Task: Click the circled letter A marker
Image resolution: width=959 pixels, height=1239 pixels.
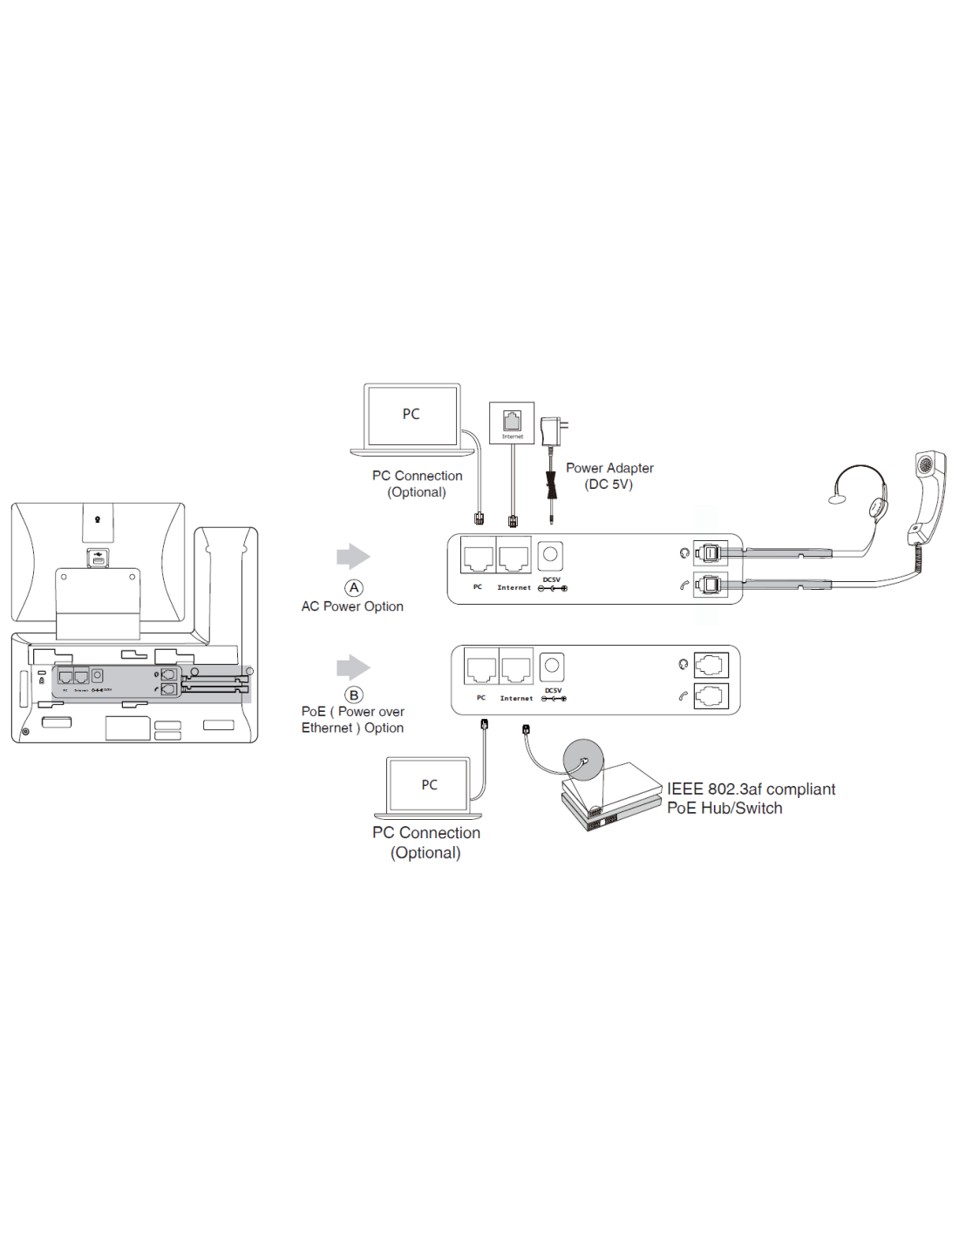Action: click(x=353, y=588)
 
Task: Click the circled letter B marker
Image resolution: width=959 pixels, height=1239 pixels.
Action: click(x=353, y=695)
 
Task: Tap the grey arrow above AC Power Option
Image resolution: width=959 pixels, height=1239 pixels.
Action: click(x=353, y=557)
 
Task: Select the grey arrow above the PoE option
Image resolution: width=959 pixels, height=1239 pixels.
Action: click(x=353, y=667)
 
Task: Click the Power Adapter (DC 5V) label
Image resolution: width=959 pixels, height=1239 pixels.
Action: click(x=609, y=476)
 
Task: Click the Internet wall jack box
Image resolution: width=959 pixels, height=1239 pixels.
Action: click(x=512, y=423)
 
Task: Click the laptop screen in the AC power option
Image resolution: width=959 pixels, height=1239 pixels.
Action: click(x=411, y=415)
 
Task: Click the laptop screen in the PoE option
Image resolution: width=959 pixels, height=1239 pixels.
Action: click(x=429, y=785)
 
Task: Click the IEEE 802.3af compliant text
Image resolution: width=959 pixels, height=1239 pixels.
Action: click(x=751, y=789)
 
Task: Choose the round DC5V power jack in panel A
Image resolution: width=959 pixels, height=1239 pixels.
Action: click(x=550, y=554)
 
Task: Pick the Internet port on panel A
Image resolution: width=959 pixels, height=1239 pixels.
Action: click(x=514, y=557)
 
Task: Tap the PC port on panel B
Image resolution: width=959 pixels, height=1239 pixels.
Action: click(x=481, y=668)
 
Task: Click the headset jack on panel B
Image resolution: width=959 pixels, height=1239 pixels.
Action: click(x=711, y=665)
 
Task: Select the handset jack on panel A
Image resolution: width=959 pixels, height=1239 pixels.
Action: click(x=711, y=585)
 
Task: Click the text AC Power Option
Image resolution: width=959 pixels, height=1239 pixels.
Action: click(x=352, y=606)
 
